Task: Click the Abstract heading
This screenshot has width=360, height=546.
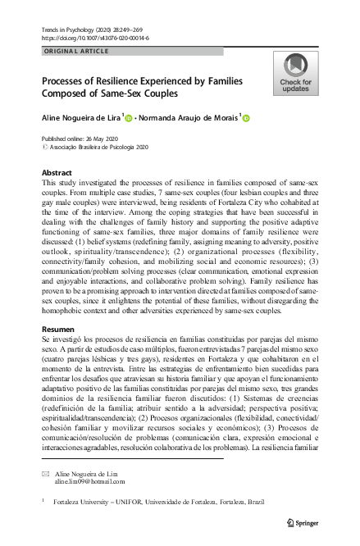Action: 58,174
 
